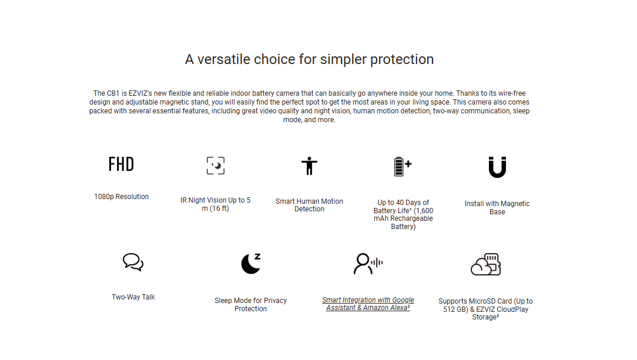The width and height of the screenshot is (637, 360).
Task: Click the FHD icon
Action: (x=121, y=164)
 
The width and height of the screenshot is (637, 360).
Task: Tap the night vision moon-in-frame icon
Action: (x=215, y=166)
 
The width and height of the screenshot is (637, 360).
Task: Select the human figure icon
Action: (x=309, y=166)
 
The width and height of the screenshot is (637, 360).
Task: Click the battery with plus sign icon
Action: (x=403, y=166)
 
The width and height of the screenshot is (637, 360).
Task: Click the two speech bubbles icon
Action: (x=133, y=262)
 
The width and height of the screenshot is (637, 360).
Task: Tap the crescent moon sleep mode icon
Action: (x=250, y=264)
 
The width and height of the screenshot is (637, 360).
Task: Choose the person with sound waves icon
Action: (x=368, y=264)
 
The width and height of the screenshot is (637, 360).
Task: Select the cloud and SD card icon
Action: (x=485, y=265)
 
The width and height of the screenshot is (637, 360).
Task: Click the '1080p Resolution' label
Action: (x=122, y=196)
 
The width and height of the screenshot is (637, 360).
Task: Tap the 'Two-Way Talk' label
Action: (x=133, y=297)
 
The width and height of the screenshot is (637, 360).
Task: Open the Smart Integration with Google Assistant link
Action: (x=368, y=304)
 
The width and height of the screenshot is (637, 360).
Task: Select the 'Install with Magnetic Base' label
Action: (x=497, y=208)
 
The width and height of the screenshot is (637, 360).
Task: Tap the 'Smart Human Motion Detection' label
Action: (x=309, y=205)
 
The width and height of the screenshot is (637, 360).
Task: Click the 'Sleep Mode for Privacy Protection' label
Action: (x=251, y=304)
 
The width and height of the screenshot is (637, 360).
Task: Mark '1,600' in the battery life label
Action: (x=424, y=211)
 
